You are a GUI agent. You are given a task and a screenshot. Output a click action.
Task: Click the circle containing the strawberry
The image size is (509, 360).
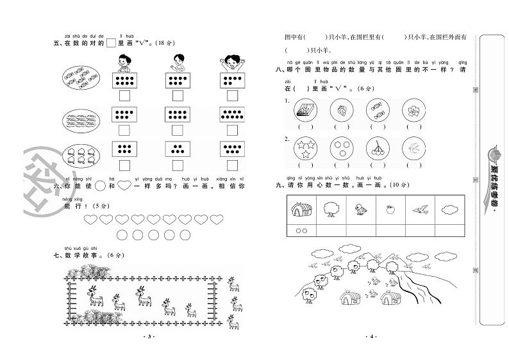coord(340,111)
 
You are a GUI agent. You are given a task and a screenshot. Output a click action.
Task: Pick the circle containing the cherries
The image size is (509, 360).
coord(376,149)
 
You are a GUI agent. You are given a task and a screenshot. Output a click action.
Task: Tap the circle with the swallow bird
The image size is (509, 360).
coord(412,149)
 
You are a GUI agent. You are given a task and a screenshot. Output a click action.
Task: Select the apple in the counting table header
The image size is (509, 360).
coord(390,208)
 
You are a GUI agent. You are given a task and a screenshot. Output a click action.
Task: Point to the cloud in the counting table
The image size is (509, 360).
coord(447,208)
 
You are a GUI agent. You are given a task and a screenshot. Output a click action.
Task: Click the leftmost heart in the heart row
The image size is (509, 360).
coord(90,220)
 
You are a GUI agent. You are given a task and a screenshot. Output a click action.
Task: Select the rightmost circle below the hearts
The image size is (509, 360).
coord(186,234)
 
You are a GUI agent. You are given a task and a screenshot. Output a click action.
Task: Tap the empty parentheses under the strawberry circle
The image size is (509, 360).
coord(340,127)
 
